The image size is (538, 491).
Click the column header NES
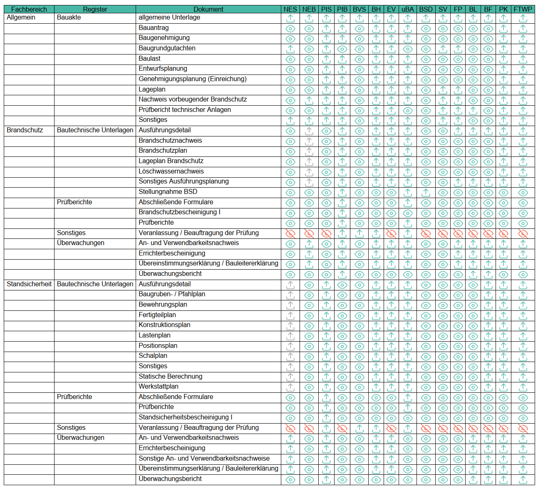pyautogui.click(x=290, y=9)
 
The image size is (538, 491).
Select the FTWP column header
pyautogui.click(x=523, y=9)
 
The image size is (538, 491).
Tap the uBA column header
pyautogui.click(x=407, y=9)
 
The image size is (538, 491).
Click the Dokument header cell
pyautogui.click(x=208, y=9)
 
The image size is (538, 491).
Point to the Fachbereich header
pyautogui.click(x=29, y=9)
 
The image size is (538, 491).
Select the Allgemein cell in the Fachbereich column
pyautogui.click(x=21, y=17)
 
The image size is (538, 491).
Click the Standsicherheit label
pyautogui.click(x=29, y=284)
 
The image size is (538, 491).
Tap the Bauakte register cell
pyautogui.click(x=69, y=17)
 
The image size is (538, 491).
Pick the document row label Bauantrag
pyautogui.click(x=154, y=28)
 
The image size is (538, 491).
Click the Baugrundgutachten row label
pyautogui.click(x=167, y=48)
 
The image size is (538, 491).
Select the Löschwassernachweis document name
pyautogui.click(x=171, y=171)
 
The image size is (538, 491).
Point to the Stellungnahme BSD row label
pyautogui.click(x=168, y=192)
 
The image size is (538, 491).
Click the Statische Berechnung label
pyautogui.click(x=170, y=377)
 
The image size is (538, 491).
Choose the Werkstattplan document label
pyautogui.click(x=158, y=387)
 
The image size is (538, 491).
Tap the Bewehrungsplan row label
pyautogui.click(x=163, y=305)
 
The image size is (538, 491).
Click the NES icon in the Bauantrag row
pyautogui.click(x=290, y=29)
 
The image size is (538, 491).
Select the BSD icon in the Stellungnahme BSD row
pyautogui.click(x=426, y=193)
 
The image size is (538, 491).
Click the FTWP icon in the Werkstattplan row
pyautogui.click(x=523, y=387)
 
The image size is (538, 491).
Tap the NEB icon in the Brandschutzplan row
pyautogui.click(x=309, y=151)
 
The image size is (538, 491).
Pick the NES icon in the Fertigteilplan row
pyautogui.click(x=290, y=316)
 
